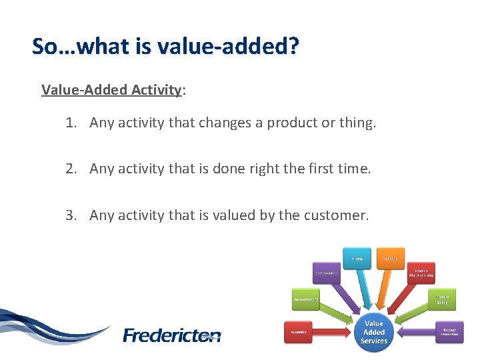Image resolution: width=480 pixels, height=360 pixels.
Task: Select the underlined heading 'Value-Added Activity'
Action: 111,89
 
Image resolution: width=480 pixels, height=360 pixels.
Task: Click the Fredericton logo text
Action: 172,335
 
